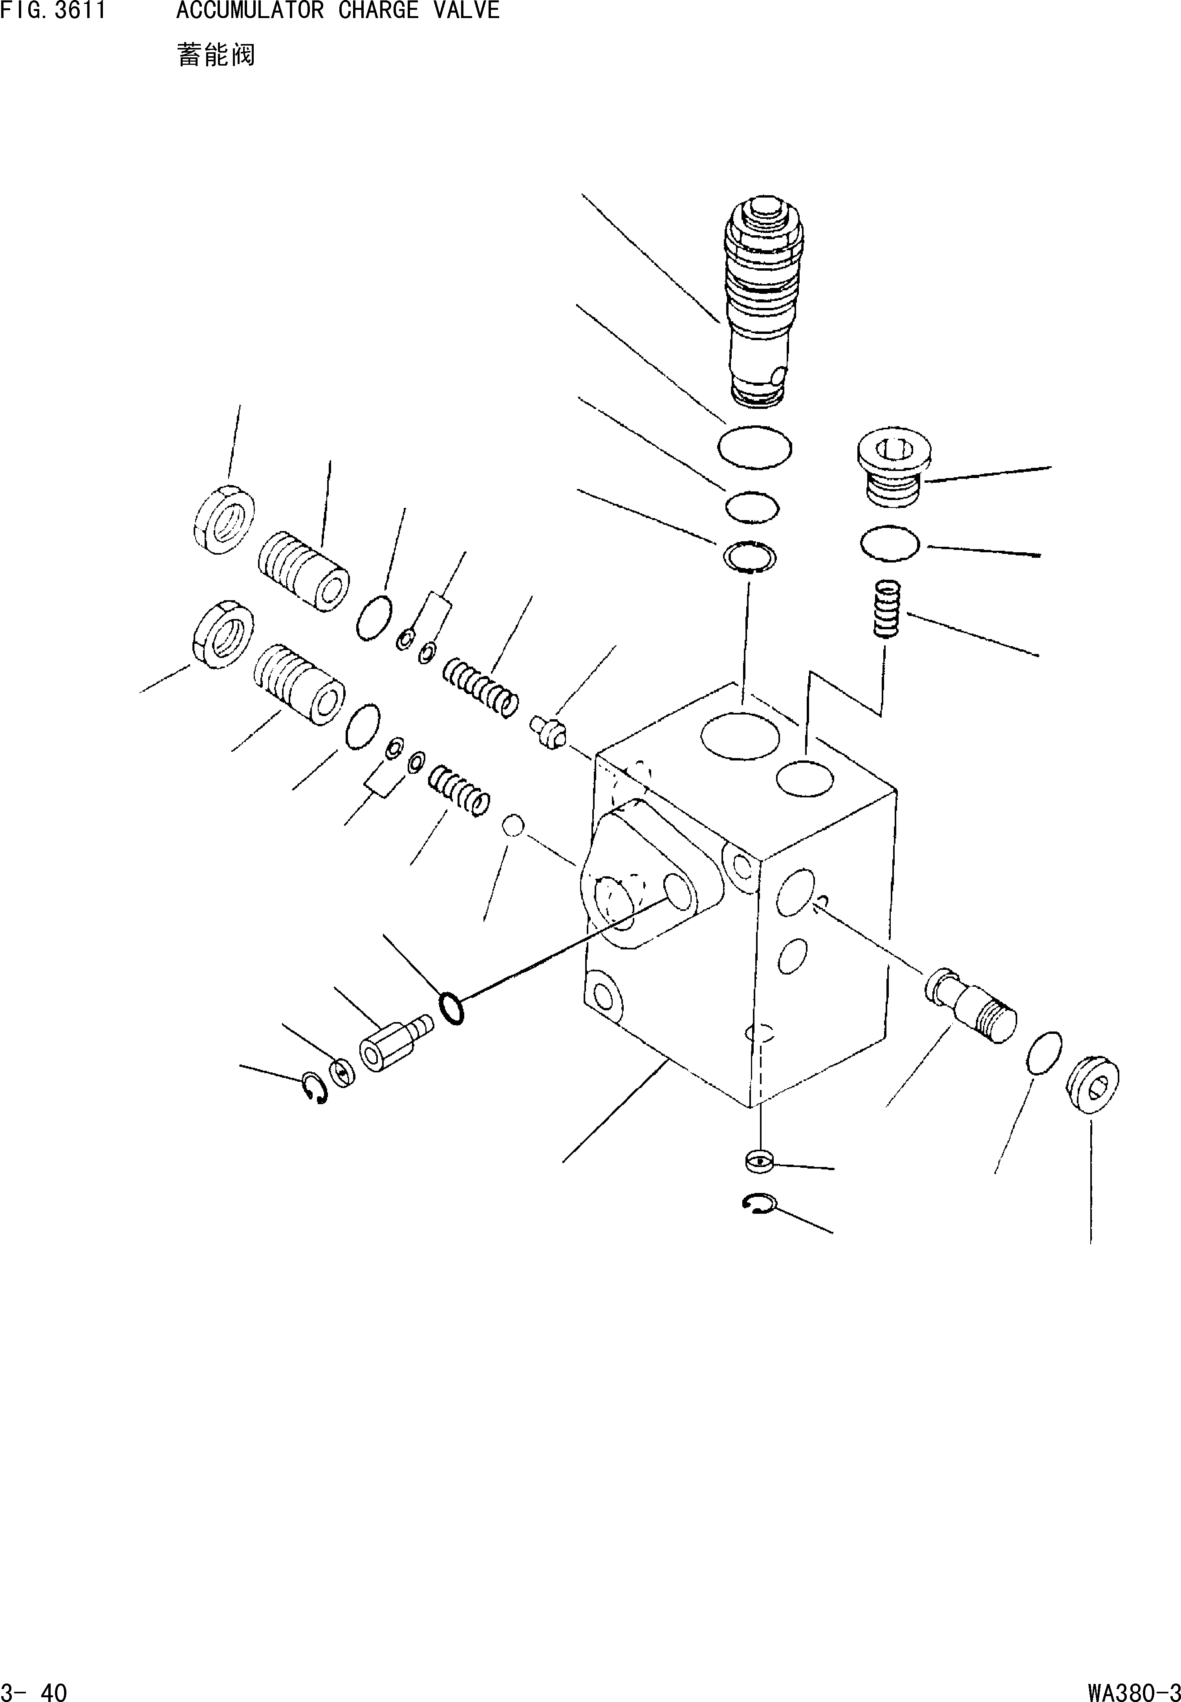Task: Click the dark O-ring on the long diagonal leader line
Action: coord(450,1008)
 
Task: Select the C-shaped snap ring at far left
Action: coord(315,1088)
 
